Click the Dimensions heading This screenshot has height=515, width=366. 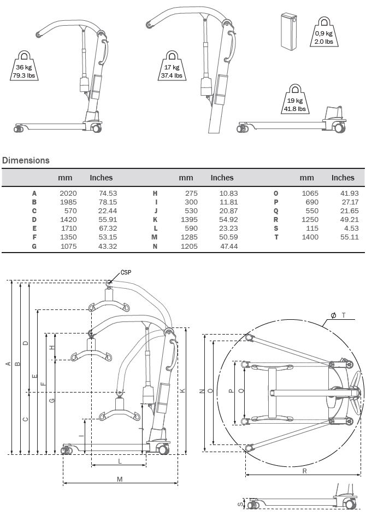click(x=26, y=160)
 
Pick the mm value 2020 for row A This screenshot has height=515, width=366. click(x=68, y=193)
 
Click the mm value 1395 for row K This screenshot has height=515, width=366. click(x=186, y=219)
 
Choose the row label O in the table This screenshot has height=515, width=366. click(x=275, y=193)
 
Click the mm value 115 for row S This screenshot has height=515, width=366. click(x=311, y=228)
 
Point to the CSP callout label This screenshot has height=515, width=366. click(x=126, y=272)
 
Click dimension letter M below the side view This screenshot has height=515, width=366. click(x=120, y=479)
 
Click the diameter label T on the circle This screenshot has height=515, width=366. click(x=344, y=315)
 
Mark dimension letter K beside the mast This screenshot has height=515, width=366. click(x=182, y=390)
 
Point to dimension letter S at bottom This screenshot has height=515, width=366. click(x=239, y=504)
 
